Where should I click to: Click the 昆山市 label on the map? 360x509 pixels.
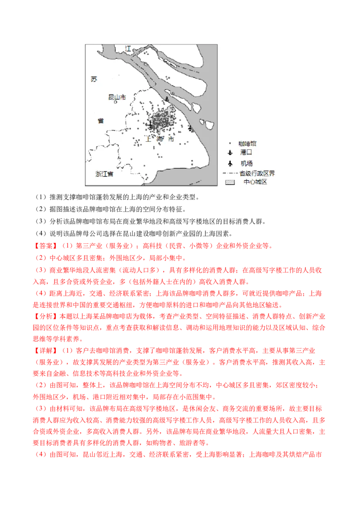[x=117, y=97]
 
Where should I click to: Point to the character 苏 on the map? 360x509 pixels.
[x=94, y=80]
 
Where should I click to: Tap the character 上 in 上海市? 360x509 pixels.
[x=149, y=139]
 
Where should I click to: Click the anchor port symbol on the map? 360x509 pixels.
[x=167, y=99]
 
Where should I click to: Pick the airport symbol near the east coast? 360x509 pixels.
[x=190, y=128]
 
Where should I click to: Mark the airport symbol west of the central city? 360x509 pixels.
[x=150, y=125]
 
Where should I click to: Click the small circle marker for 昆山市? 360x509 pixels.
[x=116, y=102]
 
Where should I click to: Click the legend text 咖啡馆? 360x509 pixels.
[x=247, y=143]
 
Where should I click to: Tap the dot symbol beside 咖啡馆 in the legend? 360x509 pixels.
[x=230, y=144]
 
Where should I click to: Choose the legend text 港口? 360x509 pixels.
[x=247, y=153]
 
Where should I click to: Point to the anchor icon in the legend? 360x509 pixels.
[x=230, y=153]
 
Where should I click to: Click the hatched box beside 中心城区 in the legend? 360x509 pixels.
[x=230, y=182]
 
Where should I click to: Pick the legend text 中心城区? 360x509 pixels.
[x=255, y=182]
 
